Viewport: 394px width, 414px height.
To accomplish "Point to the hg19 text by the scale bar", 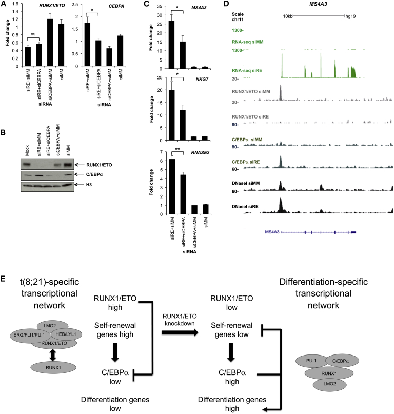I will click(x=351, y=17).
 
